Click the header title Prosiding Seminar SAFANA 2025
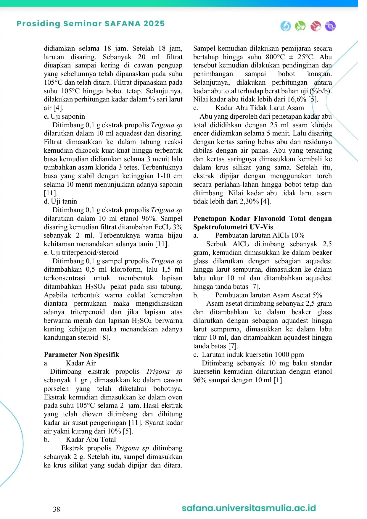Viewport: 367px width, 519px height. coord(91,24)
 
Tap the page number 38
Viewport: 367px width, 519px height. coord(57,509)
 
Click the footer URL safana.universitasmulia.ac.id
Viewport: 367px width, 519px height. coord(249,508)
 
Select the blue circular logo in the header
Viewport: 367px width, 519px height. coord(286,26)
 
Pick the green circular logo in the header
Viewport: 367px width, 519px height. coord(300,26)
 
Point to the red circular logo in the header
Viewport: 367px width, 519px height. coord(316,26)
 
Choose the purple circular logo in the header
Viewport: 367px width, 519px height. coord(330,26)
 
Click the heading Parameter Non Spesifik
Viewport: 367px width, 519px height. coord(81,354)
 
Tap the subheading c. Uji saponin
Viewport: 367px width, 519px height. coord(64,116)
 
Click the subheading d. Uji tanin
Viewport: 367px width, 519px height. coord(60,201)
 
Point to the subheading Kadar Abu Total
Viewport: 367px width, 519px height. coord(91,439)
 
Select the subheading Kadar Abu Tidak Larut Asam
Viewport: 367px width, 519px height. coord(260,108)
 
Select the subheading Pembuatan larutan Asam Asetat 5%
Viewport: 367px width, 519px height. coord(268,295)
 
